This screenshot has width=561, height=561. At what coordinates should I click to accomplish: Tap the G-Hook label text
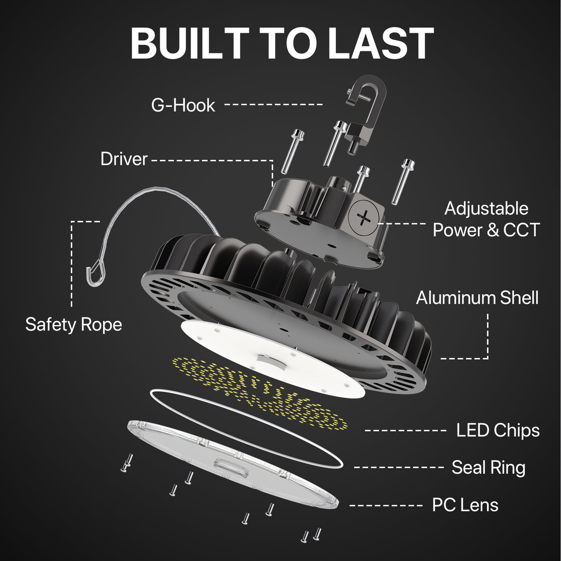[183, 105]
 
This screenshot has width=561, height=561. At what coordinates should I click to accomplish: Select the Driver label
[124, 159]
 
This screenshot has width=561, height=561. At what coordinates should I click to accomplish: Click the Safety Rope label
[73, 324]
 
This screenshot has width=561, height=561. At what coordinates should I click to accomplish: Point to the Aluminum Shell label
[477, 298]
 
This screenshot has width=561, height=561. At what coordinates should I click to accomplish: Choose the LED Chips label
[498, 430]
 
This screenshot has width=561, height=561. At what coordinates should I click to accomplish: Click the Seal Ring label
[488, 468]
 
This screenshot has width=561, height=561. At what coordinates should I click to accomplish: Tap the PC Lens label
[465, 505]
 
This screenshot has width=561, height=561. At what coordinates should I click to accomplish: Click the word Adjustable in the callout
[486, 208]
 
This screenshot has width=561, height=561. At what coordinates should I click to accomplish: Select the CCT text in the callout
[521, 230]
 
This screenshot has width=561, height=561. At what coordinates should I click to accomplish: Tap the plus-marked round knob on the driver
[364, 217]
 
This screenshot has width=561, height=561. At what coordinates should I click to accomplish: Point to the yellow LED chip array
[259, 393]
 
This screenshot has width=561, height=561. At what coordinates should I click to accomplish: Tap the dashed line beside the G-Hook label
[274, 104]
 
